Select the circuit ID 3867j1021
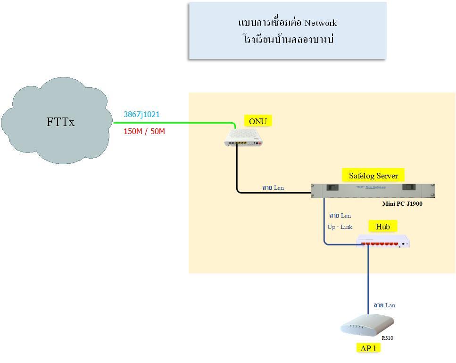coord(141,114)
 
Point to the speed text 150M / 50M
coord(144,132)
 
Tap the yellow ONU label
coord(258,121)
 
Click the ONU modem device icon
coord(243,138)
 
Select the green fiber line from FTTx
coord(174,123)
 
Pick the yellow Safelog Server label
coord(373,176)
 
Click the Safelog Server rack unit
coord(373,191)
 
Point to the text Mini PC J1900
coord(402,204)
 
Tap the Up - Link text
coord(340,227)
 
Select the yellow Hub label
coord(383,227)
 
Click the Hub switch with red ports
coord(383,241)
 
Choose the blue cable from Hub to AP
coord(368,279)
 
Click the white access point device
coord(367,325)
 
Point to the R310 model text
coord(387,338)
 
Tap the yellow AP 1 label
coord(368,348)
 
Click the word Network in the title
coord(321,23)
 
